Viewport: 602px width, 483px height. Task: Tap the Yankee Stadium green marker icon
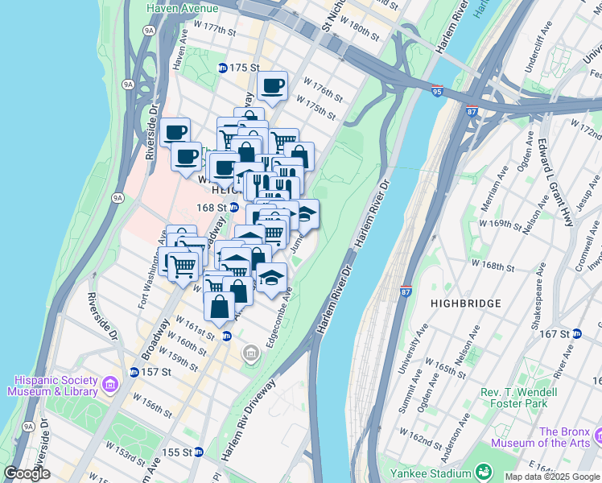[x=483, y=472]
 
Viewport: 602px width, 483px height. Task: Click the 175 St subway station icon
[x=223, y=68]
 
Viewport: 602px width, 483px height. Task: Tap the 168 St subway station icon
[x=233, y=207]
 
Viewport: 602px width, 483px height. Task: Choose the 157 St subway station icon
[x=134, y=372]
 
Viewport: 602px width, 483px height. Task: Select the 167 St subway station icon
[x=576, y=333]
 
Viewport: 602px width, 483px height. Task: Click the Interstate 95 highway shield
[x=437, y=91]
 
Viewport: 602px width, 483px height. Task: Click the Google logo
[x=27, y=473]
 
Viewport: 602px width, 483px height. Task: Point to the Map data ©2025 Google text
[x=551, y=477]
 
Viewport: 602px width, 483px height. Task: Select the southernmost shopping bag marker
[x=220, y=306]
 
